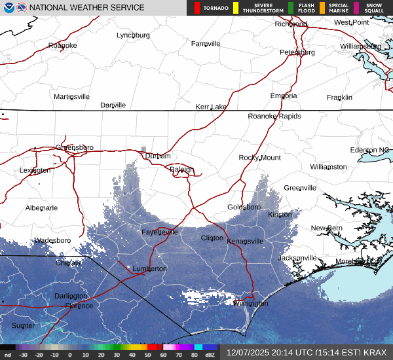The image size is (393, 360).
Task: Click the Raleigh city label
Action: click(181, 170)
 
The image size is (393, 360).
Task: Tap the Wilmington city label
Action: click(251, 304)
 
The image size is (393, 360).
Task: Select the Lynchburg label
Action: click(133, 35)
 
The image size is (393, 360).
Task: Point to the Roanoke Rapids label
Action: click(274, 117)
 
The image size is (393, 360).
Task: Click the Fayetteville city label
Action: click(160, 232)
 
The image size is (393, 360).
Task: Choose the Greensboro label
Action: click(75, 147)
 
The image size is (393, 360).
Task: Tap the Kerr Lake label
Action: click(211, 107)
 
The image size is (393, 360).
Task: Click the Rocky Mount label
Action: click(259, 158)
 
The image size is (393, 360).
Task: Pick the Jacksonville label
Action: click(297, 258)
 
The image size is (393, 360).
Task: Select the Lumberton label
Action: click(149, 269)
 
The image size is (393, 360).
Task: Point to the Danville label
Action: click(113, 105)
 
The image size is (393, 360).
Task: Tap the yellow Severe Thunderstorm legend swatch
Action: click(235, 8)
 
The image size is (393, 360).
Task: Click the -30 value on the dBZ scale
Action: click(23, 354)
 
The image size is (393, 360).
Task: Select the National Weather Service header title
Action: click(86, 8)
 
